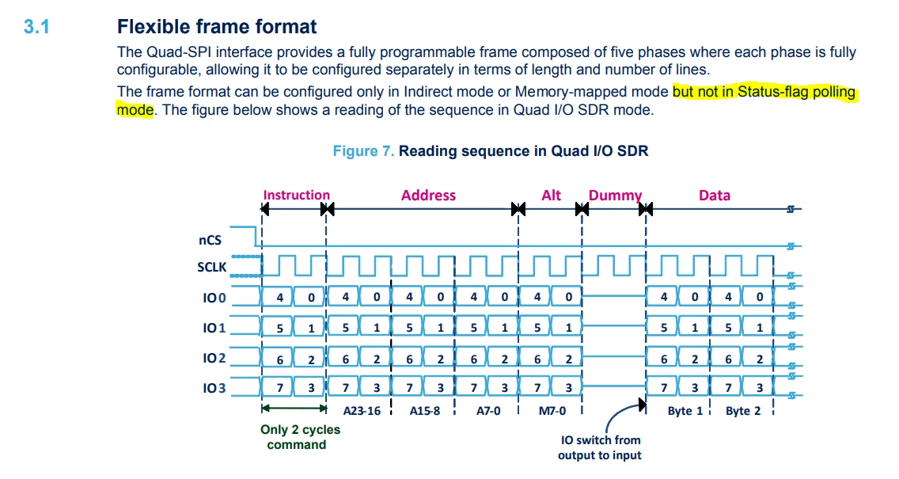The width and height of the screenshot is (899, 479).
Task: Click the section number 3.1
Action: click(x=36, y=26)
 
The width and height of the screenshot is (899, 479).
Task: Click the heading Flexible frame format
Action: click(x=217, y=26)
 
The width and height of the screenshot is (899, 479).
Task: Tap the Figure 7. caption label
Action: click(x=363, y=151)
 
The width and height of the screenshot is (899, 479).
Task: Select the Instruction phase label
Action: click(x=297, y=195)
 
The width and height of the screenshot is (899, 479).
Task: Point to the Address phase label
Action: click(x=428, y=195)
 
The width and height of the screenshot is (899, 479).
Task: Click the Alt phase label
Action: click(x=551, y=195)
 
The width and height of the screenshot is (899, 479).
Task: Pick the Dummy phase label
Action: click(x=615, y=196)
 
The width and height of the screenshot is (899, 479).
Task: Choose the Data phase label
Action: click(x=715, y=195)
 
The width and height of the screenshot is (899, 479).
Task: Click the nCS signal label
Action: click(x=210, y=240)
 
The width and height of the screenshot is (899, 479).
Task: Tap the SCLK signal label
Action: click(x=211, y=267)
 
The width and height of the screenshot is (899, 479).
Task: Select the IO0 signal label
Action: click(x=214, y=298)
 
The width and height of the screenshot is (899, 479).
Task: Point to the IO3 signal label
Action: click(x=214, y=388)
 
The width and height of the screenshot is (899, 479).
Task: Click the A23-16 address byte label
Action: click(x=362, y=411)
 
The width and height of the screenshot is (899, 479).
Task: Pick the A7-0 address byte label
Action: click(x=488, y=411)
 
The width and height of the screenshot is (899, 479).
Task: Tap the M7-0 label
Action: click(x=552, y=411)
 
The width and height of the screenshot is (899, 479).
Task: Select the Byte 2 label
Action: click(x=743, y=411)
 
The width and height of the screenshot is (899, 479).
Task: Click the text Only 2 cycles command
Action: click(x=300, y=437)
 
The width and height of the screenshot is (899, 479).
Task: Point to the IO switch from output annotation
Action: click(x=600, y=447)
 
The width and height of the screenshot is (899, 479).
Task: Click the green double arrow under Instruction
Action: click(x=294, y=409)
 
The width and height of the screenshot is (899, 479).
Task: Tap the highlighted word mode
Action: click(x=135, y=109)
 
